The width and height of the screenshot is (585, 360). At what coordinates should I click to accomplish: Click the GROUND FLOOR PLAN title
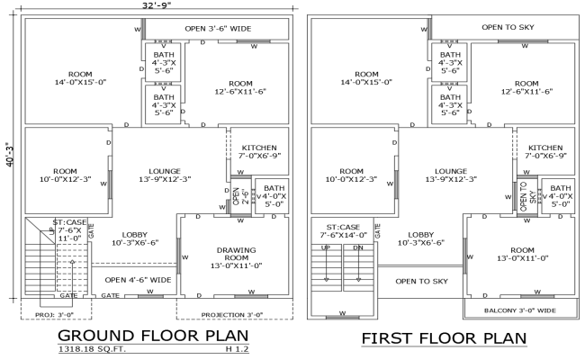pos(147,336)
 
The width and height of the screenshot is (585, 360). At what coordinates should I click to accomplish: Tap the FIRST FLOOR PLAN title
pos(443,338)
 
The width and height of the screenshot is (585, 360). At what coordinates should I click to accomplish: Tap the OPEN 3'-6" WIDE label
pos(218,28)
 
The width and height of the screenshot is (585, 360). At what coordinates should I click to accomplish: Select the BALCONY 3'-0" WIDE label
pos(519,310)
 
